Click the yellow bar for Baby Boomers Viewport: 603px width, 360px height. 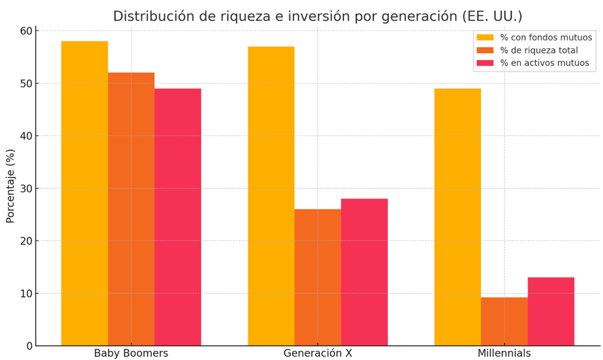pos(85,193)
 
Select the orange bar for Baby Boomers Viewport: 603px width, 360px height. pos(131,209)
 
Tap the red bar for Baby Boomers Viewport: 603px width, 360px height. pos(178,217)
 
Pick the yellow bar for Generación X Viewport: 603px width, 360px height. pos(271,196)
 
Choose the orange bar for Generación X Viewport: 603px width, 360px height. pos(317,277)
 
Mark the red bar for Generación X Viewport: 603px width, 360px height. pos(364,272)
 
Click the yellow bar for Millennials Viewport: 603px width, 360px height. pos(458,217)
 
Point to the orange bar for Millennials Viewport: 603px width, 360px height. pos(504,322)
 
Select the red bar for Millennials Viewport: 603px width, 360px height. pos(551,311)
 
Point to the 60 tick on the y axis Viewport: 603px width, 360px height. pos(26,31)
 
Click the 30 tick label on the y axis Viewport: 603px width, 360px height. pos(26,188)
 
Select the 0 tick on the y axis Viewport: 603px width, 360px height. pos(29,346)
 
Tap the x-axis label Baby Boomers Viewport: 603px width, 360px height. pos(131,353)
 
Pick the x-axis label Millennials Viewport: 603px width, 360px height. pos(504,353)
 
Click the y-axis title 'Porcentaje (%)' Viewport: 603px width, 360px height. pos(10,186)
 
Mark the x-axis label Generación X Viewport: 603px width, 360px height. pos(317,353)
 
